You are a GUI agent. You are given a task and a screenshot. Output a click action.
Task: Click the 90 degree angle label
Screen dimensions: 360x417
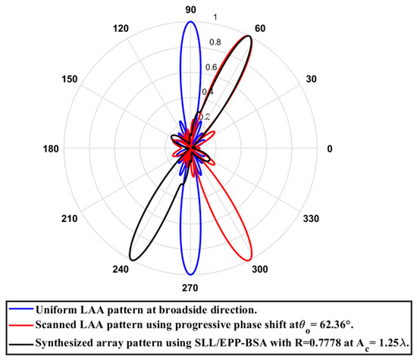190,9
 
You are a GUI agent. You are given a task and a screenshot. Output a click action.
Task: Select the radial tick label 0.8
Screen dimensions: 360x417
215,42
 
